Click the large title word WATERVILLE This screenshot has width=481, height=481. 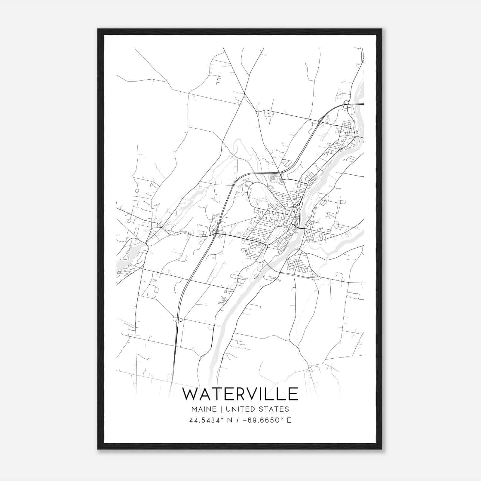pos(240,394)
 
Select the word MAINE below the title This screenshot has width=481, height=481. pos(203,409)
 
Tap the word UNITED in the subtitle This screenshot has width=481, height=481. pos(239,409)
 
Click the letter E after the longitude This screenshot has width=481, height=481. pos(289,420)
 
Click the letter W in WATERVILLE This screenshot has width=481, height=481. pos(190,394)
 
